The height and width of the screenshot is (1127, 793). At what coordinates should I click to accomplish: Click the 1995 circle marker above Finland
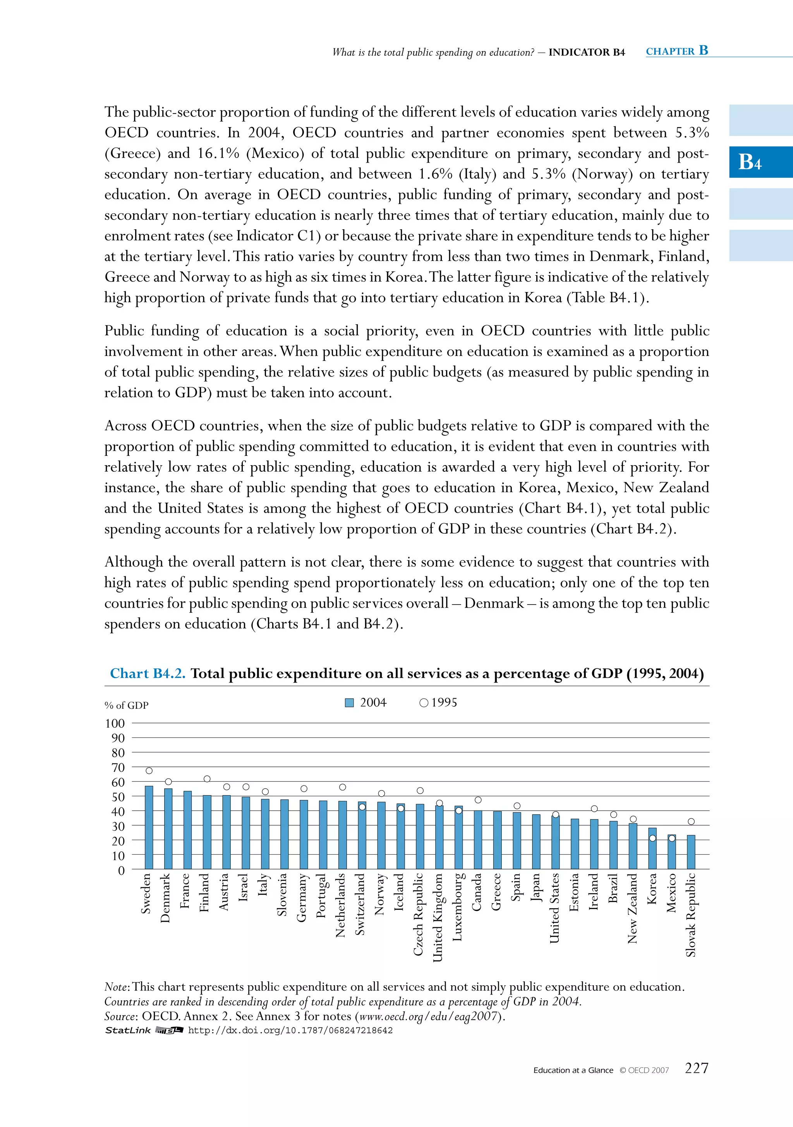tap(207, 779)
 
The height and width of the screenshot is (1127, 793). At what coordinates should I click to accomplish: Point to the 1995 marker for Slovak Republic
tap(691, 822)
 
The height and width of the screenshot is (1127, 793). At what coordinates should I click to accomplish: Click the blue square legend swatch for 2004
tap(349, 703)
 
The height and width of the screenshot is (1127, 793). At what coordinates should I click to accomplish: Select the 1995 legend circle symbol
tap(424, 703)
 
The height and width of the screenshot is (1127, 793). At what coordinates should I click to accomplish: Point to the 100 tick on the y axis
tap(115, 723)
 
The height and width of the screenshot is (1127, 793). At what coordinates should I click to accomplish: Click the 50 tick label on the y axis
tap(118, 797)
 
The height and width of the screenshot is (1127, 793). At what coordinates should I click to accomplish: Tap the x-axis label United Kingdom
tap(438, 917)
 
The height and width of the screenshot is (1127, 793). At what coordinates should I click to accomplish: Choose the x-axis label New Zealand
tap(633, 908)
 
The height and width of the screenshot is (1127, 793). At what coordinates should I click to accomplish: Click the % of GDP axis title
tap(127, 705)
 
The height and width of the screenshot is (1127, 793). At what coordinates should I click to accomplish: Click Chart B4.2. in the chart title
tap(148, 673)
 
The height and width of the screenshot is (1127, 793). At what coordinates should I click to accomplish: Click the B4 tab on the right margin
tap(750, 162)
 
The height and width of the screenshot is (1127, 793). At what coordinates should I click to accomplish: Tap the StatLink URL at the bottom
tap(290, 1030)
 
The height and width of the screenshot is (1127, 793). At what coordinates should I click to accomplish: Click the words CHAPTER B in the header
tap(677, 51)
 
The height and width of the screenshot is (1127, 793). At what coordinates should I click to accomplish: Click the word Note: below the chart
tap(117, 987)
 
